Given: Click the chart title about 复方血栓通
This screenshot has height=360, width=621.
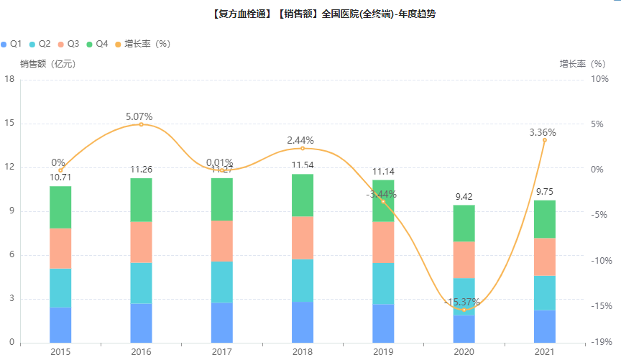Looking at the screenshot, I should pos(323,14).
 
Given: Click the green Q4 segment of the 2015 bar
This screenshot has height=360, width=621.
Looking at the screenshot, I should pos(60,207).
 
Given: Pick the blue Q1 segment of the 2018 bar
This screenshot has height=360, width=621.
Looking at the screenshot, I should pos(302,322).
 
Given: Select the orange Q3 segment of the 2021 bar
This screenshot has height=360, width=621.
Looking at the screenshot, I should pos(544,257).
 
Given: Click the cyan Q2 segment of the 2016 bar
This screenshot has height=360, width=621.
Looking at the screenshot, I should pos(141,283).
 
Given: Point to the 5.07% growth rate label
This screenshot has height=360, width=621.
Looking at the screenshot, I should pos(139,116).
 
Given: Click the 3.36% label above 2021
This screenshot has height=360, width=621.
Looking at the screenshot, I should pos(543,132).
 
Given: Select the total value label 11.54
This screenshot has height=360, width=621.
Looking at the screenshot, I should pos(303,165).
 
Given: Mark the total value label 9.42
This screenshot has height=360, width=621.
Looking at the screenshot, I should pos(464,196).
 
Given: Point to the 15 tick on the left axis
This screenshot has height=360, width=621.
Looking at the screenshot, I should pos(10,123).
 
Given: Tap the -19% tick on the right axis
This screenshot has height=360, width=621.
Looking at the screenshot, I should pos(602,343).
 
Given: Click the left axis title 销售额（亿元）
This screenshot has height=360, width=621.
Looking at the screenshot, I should pos(48,63).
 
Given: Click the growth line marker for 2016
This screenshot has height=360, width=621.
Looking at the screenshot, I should pos(141,124).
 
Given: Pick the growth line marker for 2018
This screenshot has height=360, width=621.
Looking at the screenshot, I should pos(303,148).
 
